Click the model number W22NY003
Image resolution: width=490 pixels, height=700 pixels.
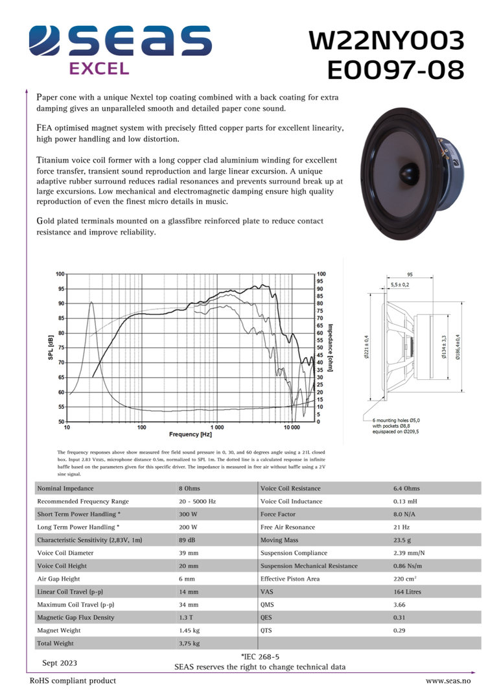tap(387, 40)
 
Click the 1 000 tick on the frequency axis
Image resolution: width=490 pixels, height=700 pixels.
tap(216, 427)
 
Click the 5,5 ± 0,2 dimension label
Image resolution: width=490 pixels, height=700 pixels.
tap(400, 285)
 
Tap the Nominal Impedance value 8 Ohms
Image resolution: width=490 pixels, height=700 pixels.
tap(189, 488)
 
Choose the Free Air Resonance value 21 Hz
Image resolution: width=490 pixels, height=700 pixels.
tap(402, 527)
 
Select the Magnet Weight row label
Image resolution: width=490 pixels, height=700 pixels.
tap(59, 630)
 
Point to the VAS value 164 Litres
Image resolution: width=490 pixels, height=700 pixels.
tap(407, 592)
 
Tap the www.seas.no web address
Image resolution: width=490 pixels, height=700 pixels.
tap(448, 681)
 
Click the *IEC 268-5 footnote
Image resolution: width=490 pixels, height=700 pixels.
tap(259, 657)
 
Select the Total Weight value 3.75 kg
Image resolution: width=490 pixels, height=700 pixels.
tap(189, 643)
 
